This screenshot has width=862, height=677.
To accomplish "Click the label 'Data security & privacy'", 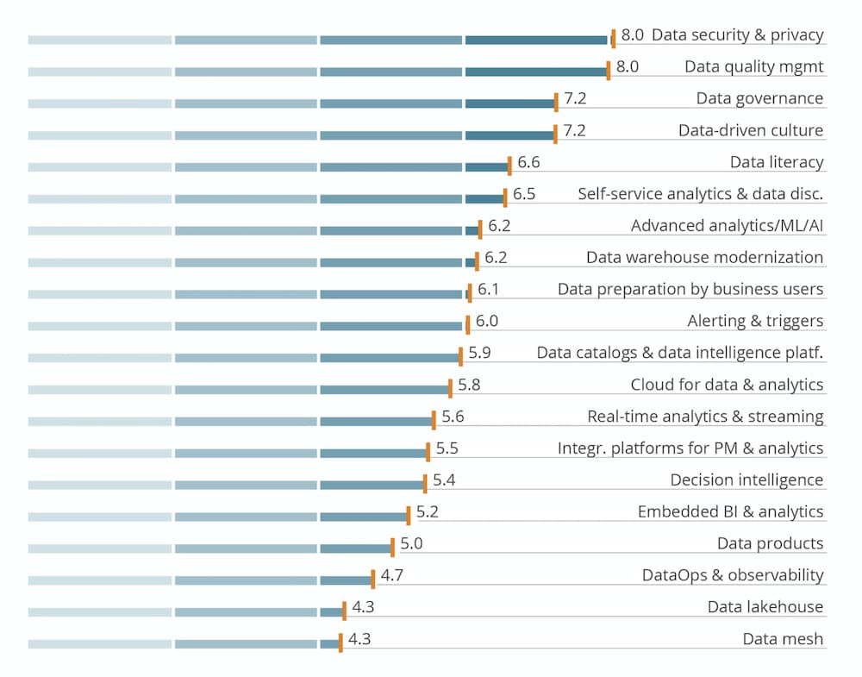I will click(737, 35).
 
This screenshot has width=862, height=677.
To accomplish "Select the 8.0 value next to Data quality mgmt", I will click(627, 67).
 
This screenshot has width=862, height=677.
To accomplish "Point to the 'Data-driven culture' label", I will click(750, 131).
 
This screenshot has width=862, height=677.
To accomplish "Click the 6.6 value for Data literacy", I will click(528, 162).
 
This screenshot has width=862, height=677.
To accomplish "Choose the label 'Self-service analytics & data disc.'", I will click(700, 194).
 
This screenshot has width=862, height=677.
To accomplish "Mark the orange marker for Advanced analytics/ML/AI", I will click(480, 229).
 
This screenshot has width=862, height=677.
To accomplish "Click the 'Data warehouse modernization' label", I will click(704, 258).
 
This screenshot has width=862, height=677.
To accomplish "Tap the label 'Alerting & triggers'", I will click(755, 322).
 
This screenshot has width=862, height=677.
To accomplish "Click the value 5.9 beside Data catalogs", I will click(479, 353).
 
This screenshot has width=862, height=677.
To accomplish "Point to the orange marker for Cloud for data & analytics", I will click(450, 388).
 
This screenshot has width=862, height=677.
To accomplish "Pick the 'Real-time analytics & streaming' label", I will click(705, 417).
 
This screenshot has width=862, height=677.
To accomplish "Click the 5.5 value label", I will click(447, 448).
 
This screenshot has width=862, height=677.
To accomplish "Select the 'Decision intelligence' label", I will click(746, 480).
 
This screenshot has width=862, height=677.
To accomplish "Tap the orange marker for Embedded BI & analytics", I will click(409, 516).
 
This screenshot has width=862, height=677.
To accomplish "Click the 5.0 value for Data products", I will click(411, 543).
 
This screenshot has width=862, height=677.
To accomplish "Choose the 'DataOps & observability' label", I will click(733, 575).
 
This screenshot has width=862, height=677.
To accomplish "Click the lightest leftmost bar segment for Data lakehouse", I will click(99, 612).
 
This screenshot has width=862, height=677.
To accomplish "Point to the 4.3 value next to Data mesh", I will click(359, 639).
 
